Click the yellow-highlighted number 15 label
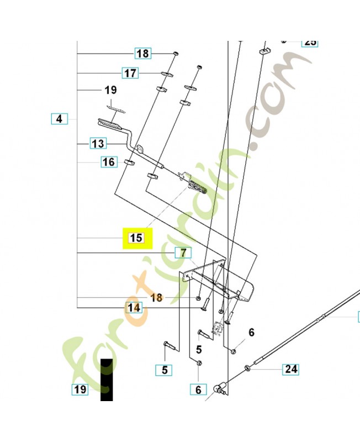(x=136, y=238)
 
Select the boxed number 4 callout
(x=59, y=118)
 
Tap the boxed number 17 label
(x=130, y=73)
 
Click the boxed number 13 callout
(x=98, y=144)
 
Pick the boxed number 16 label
(x=109, y=162)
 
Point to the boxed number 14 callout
(x=134, y=308)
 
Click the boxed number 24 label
(x=291, y=369)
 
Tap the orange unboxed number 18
(x=157, y=298)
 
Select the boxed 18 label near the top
(x=142, y=54)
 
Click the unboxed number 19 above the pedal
(x=110, y=90)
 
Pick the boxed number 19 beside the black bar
(x=80, y=390)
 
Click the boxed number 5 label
(x=163, y=370)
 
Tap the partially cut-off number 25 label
(x=310, y=42)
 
